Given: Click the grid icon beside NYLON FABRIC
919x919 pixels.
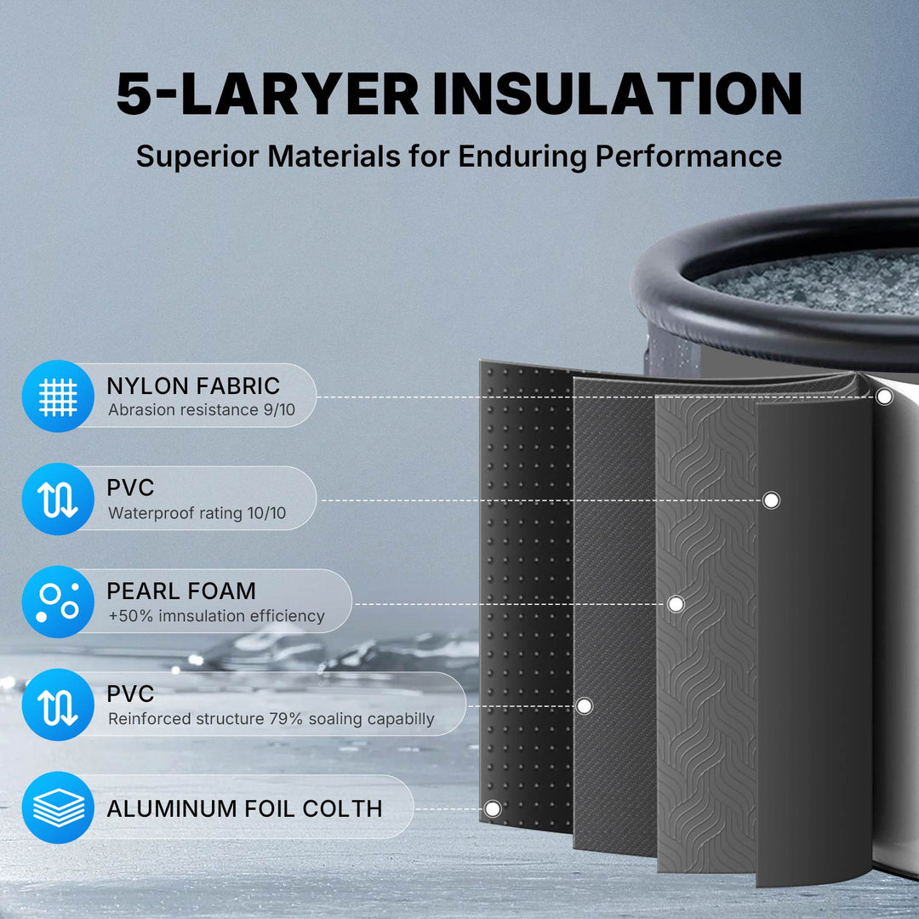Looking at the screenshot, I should click(x=58, y=396).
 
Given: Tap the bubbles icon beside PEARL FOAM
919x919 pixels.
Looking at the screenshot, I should click(x=58, y=602).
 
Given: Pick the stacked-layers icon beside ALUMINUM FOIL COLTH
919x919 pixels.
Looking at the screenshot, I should click(x=58, y=808).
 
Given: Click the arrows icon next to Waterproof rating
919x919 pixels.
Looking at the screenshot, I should click(x=58, y=499).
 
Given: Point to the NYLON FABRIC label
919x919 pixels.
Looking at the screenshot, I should click(x=193, y=385).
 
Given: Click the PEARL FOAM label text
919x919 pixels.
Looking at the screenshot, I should click(x=181, y=591).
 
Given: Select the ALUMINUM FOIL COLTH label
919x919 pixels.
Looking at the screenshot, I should click(x=244, y=808).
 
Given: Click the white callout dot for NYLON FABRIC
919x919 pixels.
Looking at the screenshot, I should click(x=884, y=397).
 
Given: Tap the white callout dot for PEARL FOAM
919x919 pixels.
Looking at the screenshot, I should click(x=676, y=604).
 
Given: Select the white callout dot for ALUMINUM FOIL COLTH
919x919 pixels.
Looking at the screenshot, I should click(x=492, y=808).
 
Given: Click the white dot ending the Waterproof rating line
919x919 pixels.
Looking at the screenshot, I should click(x=771, y=500).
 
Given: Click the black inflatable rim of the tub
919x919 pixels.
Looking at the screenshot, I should click(x=681, y=306).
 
